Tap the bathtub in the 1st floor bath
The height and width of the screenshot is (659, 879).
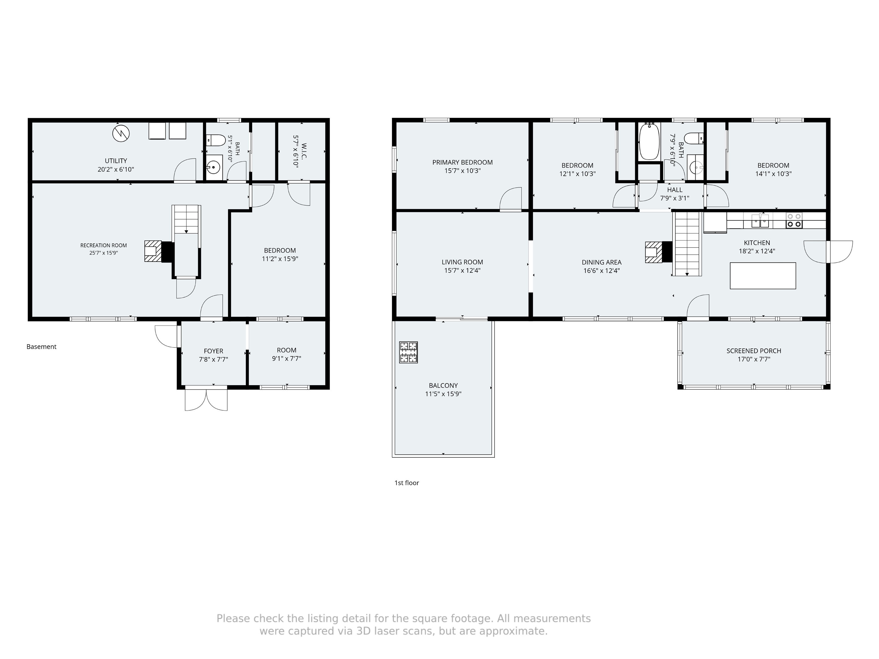649,141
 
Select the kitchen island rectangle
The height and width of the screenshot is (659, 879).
763,276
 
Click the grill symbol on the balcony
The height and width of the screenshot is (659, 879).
409,352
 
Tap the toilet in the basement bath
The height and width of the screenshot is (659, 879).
216,140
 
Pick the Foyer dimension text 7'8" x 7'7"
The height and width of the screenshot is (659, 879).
213,359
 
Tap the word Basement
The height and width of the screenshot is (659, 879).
41,347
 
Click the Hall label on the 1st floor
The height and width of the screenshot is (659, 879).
675,190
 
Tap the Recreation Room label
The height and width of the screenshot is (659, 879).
103,245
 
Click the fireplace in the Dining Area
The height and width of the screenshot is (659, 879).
658,252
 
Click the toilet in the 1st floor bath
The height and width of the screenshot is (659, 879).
694,138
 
